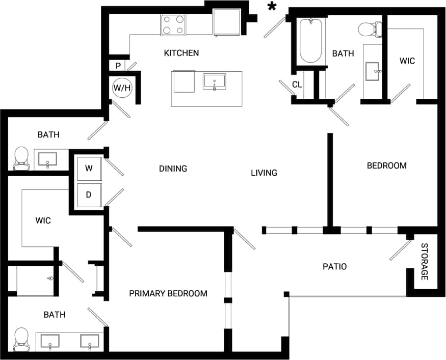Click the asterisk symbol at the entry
pos(272,7)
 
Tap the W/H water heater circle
pos(122,88)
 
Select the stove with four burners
pos(173,24)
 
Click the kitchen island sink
pos(215,81)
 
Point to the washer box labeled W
pos(89,169)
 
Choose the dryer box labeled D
pos(89,195)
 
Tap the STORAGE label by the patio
pos(424,262)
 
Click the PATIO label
pos(335,266)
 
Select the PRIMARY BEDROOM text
pos(168,293)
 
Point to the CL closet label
pos(297,85)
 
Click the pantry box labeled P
pos(118,66)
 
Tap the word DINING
pos(173,169)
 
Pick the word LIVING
pos(264,173)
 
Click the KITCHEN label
pos(181,53)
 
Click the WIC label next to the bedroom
pos(407,61)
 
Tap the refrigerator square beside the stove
pos(226,22)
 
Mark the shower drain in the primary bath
pos(50,279)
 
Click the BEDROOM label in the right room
pos(387,165)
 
